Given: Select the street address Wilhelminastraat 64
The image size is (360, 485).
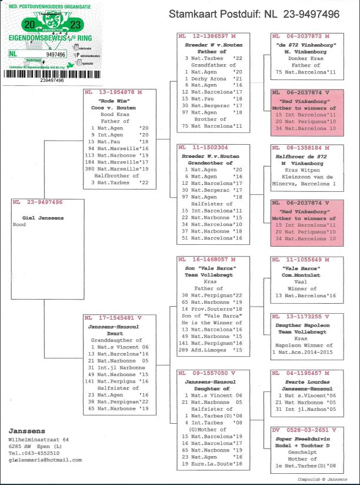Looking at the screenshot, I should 38,439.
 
